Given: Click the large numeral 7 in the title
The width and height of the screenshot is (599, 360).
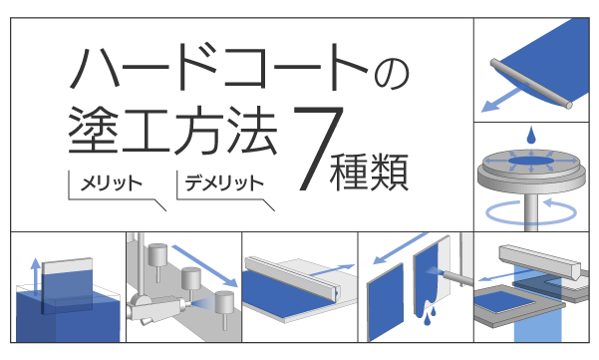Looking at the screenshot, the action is pos(319,149).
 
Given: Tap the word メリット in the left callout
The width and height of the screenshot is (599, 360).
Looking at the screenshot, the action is pos(112,183).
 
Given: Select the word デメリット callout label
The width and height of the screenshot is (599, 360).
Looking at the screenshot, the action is pos(224,183).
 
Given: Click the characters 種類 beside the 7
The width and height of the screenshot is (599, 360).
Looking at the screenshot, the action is pos(369,172).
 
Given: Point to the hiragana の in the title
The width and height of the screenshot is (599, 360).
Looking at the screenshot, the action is pos(392,74).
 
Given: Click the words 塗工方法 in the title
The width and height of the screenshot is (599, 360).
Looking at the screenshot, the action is pos(172,130).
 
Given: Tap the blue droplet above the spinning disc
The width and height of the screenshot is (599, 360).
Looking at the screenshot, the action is pos(530,136).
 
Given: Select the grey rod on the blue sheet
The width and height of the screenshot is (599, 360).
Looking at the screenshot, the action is pos(531,84).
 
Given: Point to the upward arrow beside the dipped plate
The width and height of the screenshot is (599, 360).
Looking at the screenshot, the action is pos(36,276).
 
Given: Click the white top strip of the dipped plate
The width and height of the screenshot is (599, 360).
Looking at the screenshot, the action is pos(67,265).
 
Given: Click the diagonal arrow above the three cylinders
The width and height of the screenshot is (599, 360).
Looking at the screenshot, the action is pos(204,266).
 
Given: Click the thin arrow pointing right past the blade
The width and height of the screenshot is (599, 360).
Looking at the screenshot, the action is pos(332,269).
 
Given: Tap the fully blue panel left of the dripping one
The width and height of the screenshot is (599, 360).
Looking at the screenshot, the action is pos(385,302).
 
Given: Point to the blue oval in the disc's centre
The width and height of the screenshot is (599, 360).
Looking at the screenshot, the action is pos(530,161).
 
